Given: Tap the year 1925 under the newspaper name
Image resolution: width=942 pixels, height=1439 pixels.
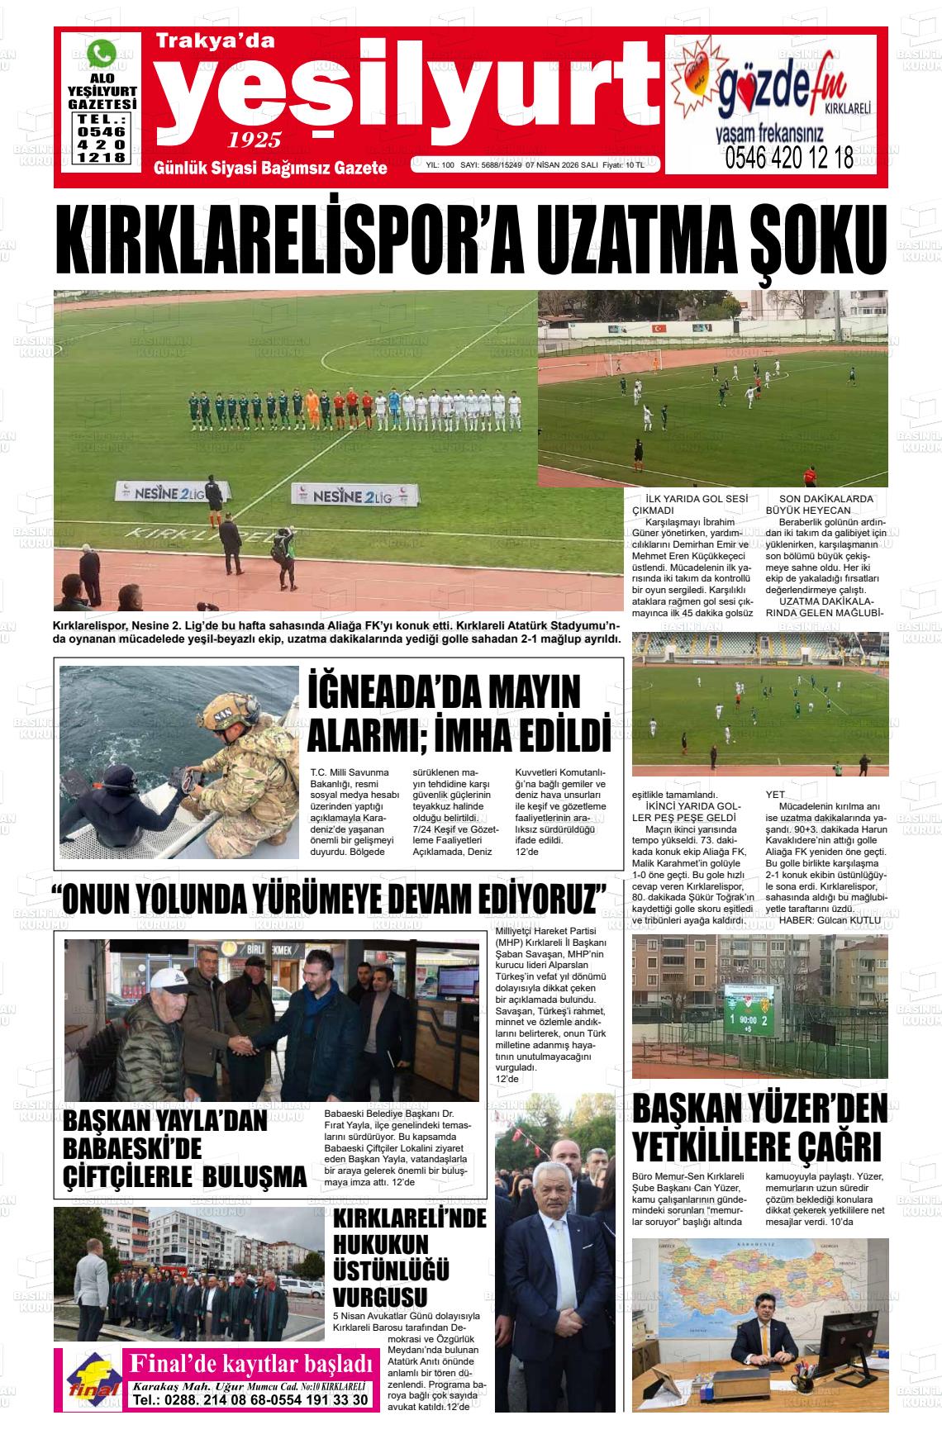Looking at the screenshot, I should point(255,139).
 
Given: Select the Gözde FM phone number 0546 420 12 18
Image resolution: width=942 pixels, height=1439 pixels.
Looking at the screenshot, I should point(789,159).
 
